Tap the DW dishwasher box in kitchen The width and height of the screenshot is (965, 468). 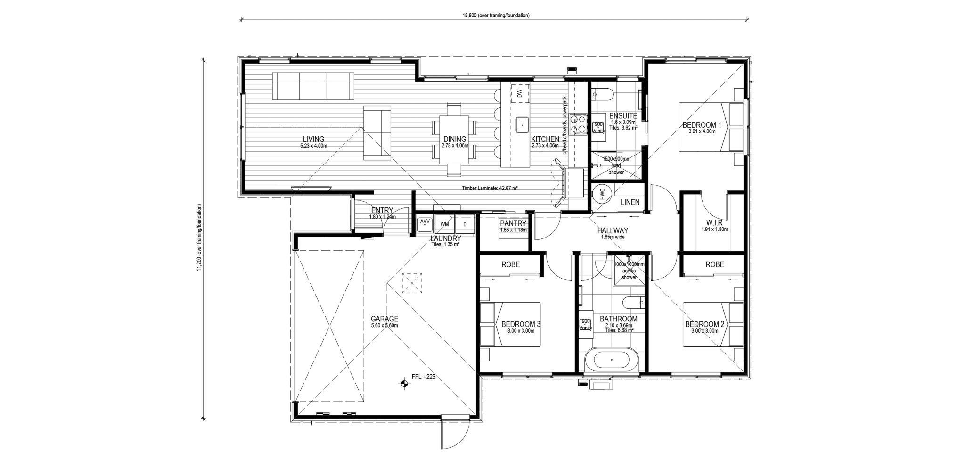519,94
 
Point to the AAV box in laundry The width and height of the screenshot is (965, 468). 425,223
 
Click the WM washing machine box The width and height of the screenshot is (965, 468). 444,224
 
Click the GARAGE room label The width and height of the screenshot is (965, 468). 384,319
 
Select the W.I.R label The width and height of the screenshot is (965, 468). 714,222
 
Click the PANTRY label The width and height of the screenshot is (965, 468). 513,223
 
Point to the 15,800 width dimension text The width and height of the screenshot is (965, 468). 496,15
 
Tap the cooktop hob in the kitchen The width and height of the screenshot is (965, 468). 578,125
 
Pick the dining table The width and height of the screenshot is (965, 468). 453,140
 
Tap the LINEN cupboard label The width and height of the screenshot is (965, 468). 630,202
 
